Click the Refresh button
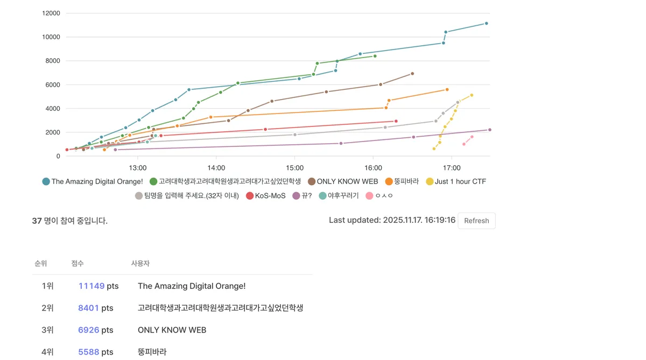476,221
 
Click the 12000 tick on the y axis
51,13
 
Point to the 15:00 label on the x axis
294,168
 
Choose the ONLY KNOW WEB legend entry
347,182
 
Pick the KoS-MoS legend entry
270,196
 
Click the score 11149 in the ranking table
92,286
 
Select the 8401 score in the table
89,308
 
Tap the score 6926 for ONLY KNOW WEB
89,330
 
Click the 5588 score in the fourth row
89,352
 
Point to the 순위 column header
41,264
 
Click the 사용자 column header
140,264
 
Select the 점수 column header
78,264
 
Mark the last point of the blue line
486,24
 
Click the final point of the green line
375,56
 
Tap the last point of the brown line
412,74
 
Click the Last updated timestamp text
392,220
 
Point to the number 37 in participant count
37,221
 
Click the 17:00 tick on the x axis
452,168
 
